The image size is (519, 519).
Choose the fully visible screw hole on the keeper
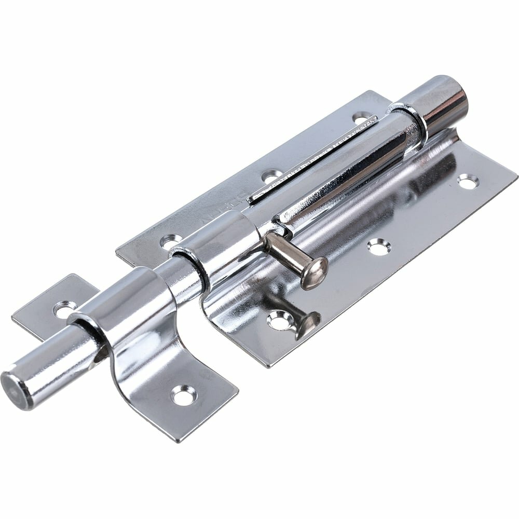click(x=184, y=395)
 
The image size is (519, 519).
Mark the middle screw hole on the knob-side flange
click(x=377, y=245)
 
